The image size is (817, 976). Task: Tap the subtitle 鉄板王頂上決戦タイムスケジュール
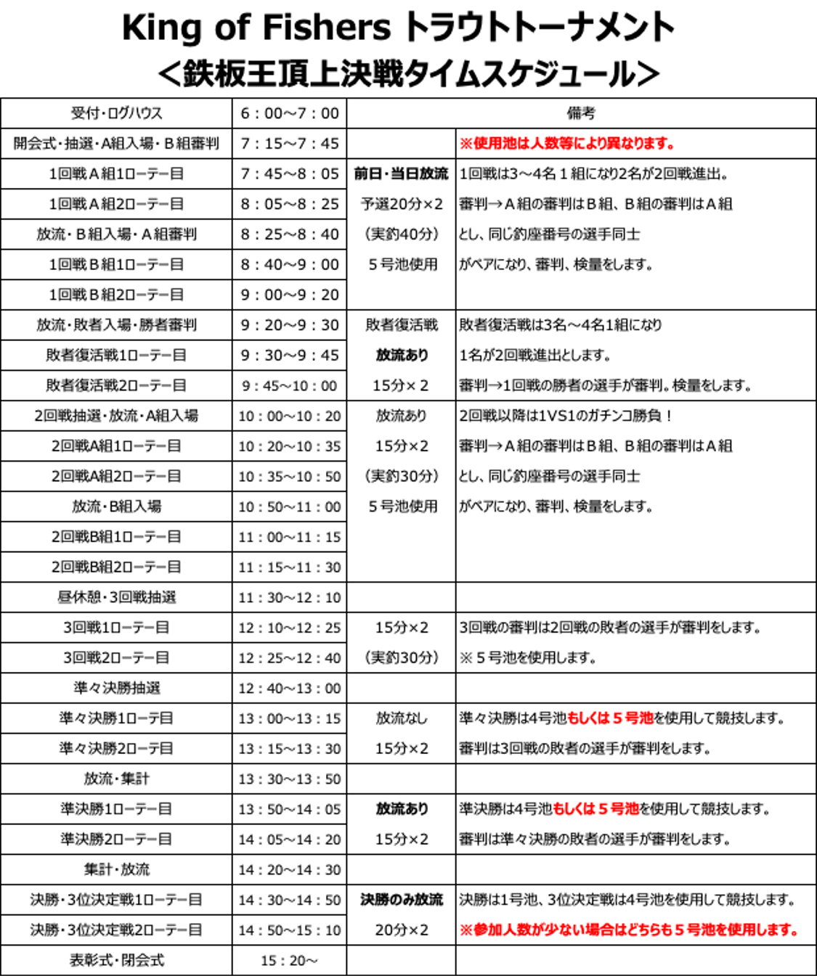pyautogui.click(x=408, y=74)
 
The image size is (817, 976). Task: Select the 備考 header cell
pyautogui.click(x=581, y=113)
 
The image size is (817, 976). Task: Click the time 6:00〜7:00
pyautogui.click(x=290, y=113)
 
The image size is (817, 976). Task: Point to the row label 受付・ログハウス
pyautogui.click(x=116, y=113)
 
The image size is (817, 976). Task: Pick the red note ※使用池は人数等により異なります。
pyautogui.click(x=566, y=144)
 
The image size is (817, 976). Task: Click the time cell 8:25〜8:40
pyautogui.click(x=290, y=234)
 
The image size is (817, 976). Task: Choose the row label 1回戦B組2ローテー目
pyautogui.click(x=116, y=295)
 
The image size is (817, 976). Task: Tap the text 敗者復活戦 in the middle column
pyautogui.click(x=402, y=325)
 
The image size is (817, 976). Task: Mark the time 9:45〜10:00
pyautogui.click(x=290, y=385)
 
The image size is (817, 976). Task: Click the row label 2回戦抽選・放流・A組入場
pyautogui.click(x=116, y=416)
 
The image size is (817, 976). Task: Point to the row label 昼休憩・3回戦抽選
pyautogui.click(x=116, y=597)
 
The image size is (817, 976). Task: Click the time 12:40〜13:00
pyautogui.click(x=290, y=688)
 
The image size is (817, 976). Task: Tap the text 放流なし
pyautogui.click(x=402, y=718)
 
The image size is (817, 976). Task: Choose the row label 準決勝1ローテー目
pyautogui.click(x=116, y=809)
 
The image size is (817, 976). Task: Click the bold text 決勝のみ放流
pyautogui.click(x=402, y=900)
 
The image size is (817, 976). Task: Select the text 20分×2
pyautogui.click(x=402, y=930)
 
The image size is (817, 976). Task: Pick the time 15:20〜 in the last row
pyautogui.click(x=289, y=961)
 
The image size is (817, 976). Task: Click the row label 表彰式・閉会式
pyautogui.click(x=116, y=960)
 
